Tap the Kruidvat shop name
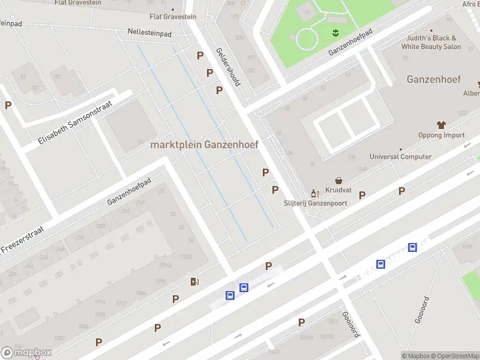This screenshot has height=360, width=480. (x=338, y=190)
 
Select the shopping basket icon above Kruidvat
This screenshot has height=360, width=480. (x=339, y=180)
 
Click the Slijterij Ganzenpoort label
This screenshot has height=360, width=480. (x=316, y=203)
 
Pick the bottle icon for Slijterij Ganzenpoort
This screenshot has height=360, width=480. (x=313, y=193)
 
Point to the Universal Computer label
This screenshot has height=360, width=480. (x=400, y=157)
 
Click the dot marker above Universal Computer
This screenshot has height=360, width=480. (x=400, y=148)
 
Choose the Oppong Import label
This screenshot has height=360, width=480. (x=441, y=135)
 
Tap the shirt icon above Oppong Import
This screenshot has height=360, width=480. (x=442, y=125)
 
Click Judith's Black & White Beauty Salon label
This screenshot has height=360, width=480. (x=431, y=42)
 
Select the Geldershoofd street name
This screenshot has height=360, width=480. (x=228, y=67)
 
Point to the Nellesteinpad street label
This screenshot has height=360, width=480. (x=149, y=31)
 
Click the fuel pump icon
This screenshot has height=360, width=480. (x=194, y=282)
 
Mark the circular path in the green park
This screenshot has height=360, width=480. (x=307, y=39)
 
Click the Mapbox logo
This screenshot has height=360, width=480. (x=26, y=353)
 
